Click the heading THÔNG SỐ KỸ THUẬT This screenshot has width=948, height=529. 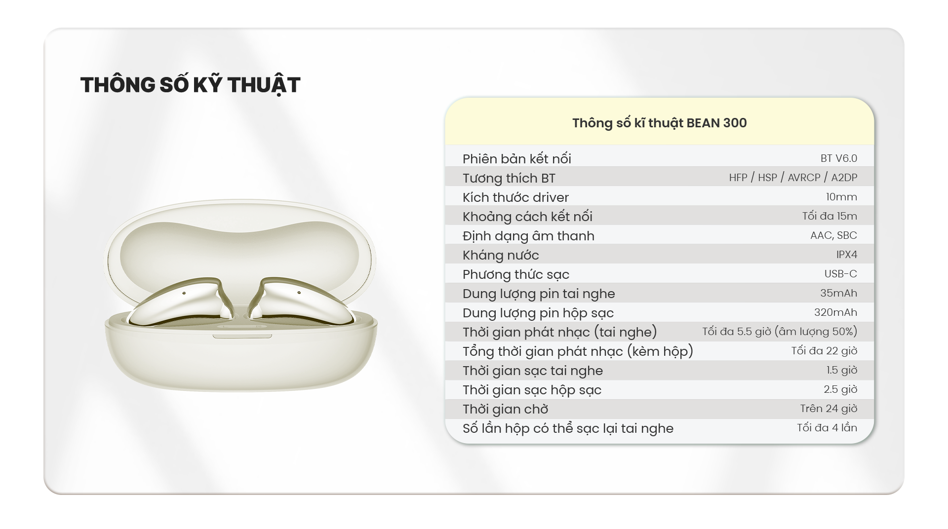tap(190, 85)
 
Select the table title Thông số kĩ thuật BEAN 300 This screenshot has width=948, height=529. tap(660, 123)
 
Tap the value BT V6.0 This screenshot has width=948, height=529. tap(839, 158)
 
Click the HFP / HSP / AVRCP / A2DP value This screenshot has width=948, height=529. tap(793, 178)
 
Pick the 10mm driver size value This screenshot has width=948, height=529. tap(841, 197)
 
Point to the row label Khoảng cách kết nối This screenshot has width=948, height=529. tap(527, 217)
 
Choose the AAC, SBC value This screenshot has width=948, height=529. tap(833, 235)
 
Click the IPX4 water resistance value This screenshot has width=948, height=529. tap(847, 255)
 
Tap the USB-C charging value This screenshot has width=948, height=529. tap(841, 274)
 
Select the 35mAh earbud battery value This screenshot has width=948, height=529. tap(839, 293)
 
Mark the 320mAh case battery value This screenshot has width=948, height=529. tap(836, 312)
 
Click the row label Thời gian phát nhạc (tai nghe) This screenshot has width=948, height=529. tap(560, 332)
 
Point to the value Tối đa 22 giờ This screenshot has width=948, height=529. tap(825, 351)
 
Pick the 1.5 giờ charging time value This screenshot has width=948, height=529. tap(842, 370)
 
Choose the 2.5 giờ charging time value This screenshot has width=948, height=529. tap(840, 389)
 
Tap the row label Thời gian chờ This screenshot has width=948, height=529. tap(506, 409)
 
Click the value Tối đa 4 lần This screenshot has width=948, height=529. tap(827, 428)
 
